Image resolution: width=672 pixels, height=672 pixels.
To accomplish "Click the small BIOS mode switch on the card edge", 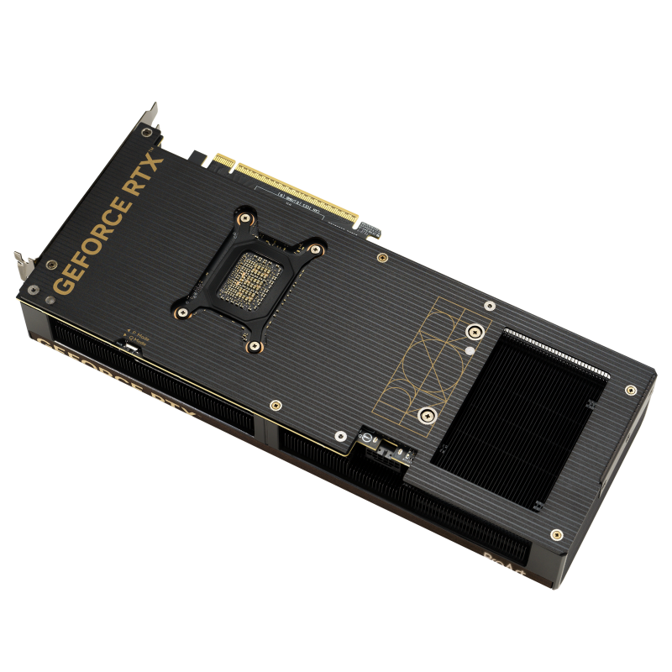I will tap(130, 345).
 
